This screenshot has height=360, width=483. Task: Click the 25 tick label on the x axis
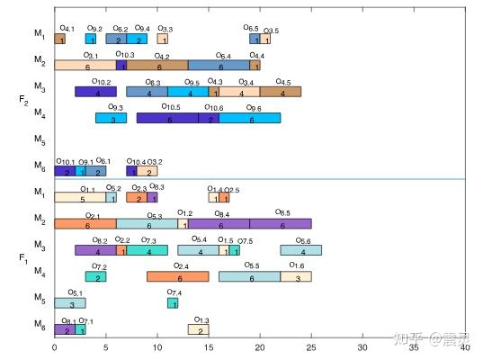coord(311,346)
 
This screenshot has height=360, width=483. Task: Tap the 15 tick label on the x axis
coord(209,346)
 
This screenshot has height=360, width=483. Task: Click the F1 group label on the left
coord(22,259)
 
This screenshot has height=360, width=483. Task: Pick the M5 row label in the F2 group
coord(39,141)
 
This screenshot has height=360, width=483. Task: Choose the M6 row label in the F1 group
coord(39,324)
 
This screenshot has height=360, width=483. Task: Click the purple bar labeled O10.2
coord(95,92)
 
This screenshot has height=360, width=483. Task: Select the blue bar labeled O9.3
coord(111,118)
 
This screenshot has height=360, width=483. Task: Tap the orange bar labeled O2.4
coord(177,277)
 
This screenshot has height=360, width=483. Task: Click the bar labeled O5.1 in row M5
coord(69,303)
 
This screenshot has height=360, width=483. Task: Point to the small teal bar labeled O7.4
coord(173,303)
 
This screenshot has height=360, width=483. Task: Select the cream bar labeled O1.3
coord(199,329)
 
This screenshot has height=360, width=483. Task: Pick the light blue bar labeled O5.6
coord(301,251)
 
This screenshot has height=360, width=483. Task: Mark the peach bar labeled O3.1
coord(85,66)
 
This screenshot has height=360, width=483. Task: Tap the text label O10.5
coord(172,107)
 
